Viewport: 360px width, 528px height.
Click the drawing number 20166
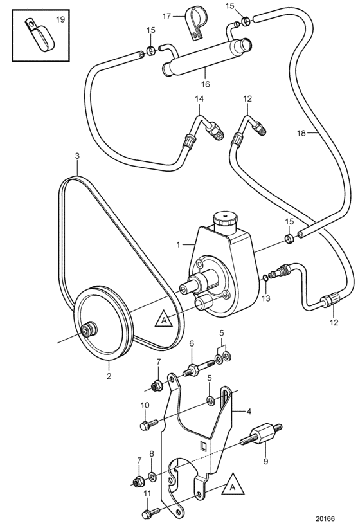tap(325, 519)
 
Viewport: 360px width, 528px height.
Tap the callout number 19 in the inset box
tap(60, 19)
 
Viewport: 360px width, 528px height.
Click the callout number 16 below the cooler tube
tap(205, 84)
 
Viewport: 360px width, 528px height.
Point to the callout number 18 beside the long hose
tap(301, 133)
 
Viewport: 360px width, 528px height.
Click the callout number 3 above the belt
tap(77, 156)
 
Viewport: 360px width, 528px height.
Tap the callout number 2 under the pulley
tap(109, 376)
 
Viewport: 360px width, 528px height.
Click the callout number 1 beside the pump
tap(179, 245)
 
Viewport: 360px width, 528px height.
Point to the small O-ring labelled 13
tap(265, 277)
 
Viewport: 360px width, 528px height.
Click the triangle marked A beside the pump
tap(164, 318)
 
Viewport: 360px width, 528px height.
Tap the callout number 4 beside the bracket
tap(249, 412)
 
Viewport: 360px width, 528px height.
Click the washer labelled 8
tap(152, 476)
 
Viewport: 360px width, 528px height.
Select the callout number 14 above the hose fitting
tap(199, 99)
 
